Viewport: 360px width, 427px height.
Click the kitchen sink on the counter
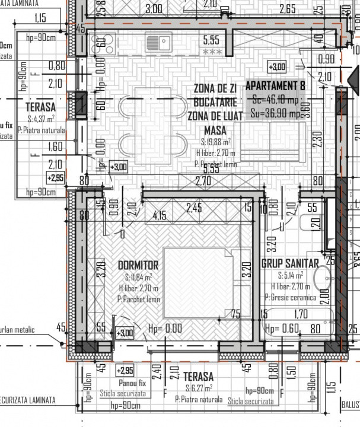pyautogui.click(x=159, y=42)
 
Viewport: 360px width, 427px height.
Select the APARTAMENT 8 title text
pyautogui.click(x=275, y=85)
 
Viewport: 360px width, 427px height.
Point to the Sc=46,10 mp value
pyautogui.click(x=276, y=98)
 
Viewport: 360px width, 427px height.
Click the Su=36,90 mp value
pyautogui.click(x=276, y=111)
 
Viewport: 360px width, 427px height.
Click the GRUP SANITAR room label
pyautogui.click(x=290, y=263)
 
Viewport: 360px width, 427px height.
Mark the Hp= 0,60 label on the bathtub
pyautogui.click(x=281, y=329)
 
